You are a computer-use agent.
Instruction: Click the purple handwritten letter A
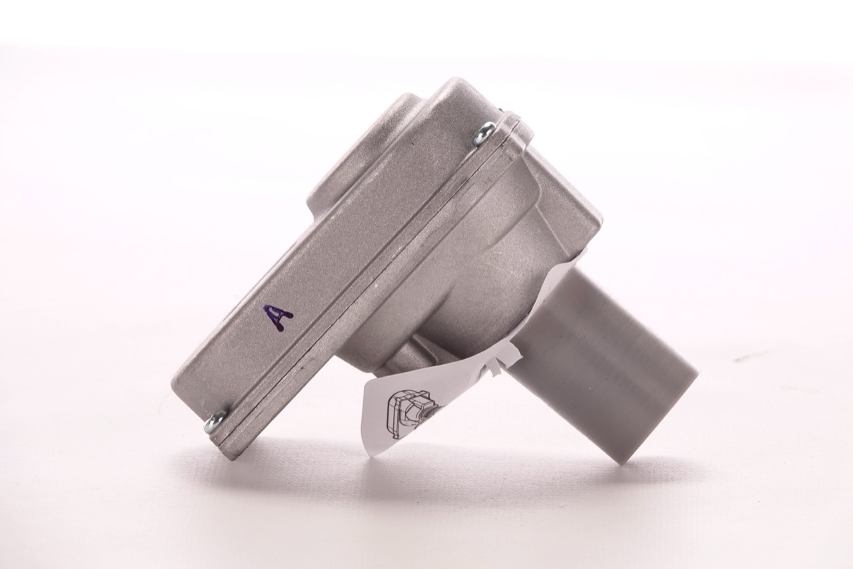(279, 317)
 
